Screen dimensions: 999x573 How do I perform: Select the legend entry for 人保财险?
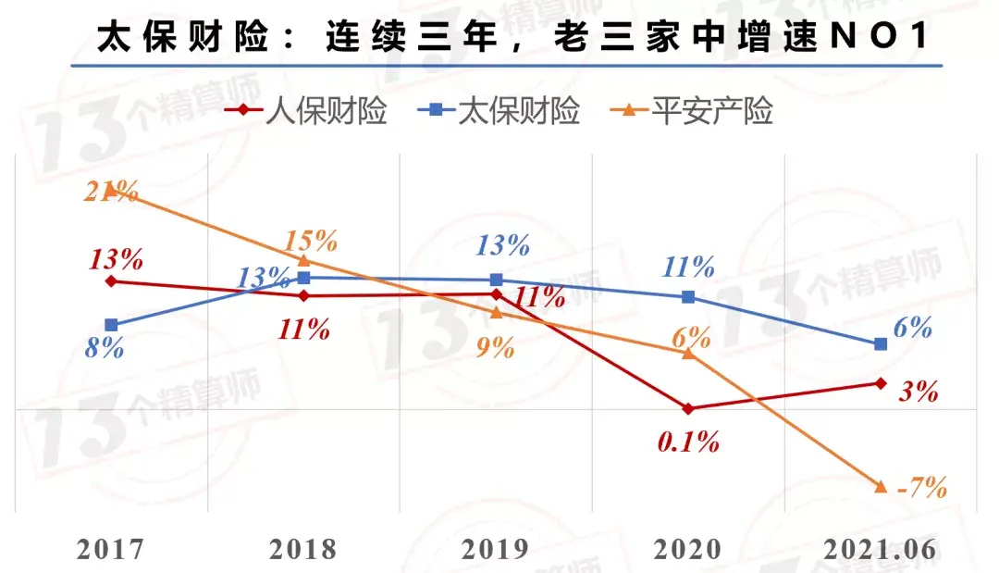[306, 111]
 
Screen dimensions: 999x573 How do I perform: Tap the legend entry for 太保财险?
[499, 111]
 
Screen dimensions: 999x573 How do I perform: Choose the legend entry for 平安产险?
[691, 111]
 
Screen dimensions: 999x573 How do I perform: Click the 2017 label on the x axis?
[111, 550]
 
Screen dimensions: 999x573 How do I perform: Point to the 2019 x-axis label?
[496, 550]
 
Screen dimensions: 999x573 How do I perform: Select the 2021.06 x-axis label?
[880, 550]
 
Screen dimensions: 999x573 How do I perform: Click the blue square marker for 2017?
[112, 325]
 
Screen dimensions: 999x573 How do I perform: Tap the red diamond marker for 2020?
[688, 408]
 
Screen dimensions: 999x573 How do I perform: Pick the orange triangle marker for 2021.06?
[881, 487]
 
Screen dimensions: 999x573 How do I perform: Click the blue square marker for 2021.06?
[881, 344]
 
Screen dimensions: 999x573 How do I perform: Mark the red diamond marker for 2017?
[112, 281]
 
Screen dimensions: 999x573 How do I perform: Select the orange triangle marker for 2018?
[304, 260]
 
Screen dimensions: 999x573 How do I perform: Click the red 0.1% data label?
[688, 442]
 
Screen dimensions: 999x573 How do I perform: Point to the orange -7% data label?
[921, 488]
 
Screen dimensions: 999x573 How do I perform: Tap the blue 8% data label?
[105, 348]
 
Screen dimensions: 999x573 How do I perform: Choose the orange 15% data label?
[311, 241]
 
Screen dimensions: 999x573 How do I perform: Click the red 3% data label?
[919, 392]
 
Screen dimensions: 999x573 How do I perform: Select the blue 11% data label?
[688, 267]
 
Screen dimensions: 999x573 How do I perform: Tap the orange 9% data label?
[495, 347]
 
